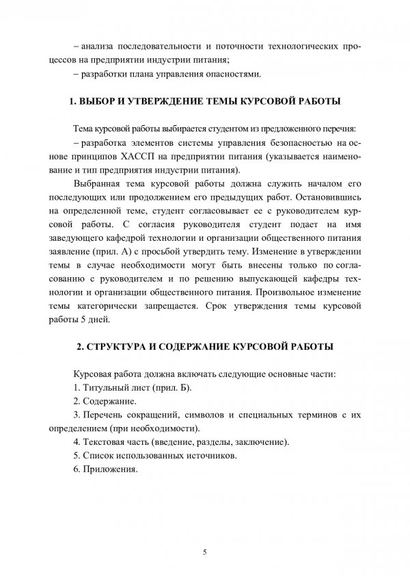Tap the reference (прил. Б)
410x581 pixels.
[168, 387]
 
